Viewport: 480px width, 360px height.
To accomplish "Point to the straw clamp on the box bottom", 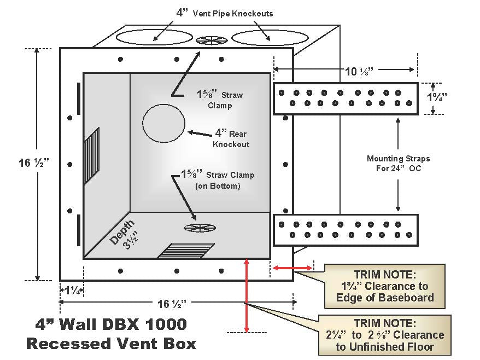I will coord(199,228).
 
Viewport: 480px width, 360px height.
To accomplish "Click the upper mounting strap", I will coord(345,98).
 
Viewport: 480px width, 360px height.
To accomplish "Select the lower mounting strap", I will coord(345,229).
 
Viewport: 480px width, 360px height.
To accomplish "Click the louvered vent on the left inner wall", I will coord(92,153).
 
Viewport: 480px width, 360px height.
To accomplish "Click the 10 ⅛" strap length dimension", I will coord(345,69).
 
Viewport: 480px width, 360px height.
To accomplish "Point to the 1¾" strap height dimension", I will coord(437,97).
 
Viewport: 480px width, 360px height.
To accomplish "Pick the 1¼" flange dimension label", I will coord(71,289).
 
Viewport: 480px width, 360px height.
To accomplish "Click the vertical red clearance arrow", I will coord(247,295).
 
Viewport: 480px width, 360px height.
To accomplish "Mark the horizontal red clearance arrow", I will coord(293,268).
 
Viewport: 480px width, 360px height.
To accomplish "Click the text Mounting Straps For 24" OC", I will coord(398,162).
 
